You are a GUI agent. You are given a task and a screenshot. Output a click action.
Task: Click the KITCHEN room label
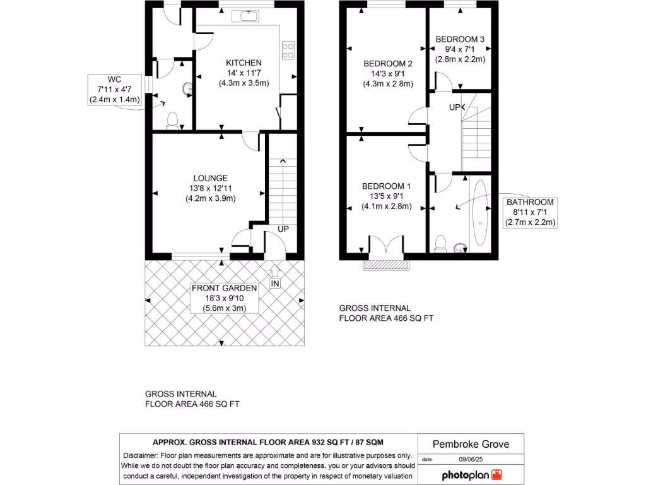pos(244,63)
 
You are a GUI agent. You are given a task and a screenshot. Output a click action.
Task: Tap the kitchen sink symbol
pos(245,16)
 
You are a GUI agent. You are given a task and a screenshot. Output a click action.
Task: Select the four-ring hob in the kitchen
pos(288,51)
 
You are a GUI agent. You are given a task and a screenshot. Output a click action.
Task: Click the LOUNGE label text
pos(210,178)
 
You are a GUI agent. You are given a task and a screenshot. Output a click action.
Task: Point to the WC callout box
pos(115,90)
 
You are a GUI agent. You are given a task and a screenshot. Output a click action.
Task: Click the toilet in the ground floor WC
pos(173,121)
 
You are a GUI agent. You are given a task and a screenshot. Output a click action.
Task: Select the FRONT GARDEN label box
pos(224,298)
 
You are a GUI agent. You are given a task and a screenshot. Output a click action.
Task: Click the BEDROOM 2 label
pos(388,64)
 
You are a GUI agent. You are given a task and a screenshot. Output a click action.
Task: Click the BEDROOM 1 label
pos(386,186)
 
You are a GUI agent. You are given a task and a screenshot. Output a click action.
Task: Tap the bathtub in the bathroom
pos(480,213)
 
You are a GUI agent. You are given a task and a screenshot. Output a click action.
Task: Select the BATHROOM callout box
pos(530,212)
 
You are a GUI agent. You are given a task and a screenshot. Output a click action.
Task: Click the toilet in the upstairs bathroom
pos(440,244)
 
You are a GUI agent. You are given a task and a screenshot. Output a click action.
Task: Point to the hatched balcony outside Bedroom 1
pos(386,265)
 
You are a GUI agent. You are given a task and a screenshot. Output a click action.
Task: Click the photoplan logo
pos(472,475)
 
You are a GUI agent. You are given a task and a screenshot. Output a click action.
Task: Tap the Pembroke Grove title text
pos(471,444)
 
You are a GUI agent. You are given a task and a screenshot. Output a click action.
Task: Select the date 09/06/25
pos(471,459)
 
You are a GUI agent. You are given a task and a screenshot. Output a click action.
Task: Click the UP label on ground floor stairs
pos(283,229)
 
